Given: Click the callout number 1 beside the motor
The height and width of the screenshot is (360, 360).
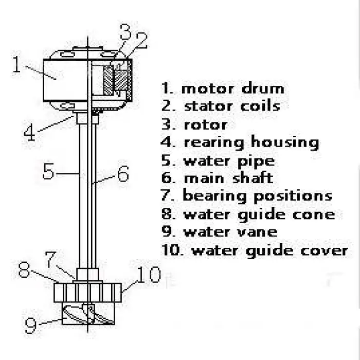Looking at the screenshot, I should [x=17, y=66].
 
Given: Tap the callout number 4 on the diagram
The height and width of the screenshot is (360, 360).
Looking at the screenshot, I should [x=30, y=133].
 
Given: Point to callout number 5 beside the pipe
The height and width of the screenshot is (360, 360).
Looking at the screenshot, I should [x=48, y=171].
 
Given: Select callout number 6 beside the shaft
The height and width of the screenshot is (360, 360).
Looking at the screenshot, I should [x=122, y=174].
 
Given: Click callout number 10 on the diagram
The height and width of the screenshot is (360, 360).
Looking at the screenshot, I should [x=149, y=276].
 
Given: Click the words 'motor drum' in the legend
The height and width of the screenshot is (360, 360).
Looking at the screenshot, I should [x=232, y=88].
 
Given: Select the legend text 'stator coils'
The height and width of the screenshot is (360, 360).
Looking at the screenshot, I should [x=232, y=106].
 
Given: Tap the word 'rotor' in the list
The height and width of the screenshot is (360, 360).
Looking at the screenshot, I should [x=205, y=124].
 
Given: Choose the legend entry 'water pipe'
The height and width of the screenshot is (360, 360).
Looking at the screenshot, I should [x=229, y=160].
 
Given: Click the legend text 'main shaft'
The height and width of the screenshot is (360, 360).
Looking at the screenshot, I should [x=228, y=178].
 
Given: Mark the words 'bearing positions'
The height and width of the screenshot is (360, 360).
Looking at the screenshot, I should [x=257, y=196].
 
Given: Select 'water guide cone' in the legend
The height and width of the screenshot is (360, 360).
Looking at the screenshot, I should [x=259, y=214].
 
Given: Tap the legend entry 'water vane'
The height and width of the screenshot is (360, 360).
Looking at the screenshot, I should [x=230, y=232].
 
